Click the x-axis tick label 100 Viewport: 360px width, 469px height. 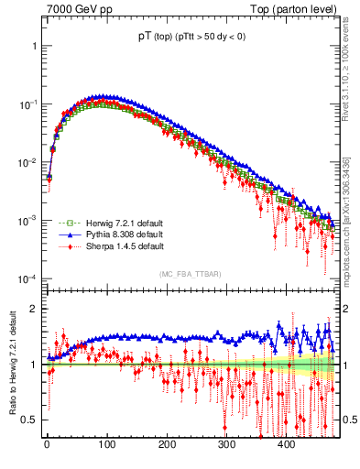[x=106, y=444]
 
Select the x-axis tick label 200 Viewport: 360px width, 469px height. [x=167, y=444]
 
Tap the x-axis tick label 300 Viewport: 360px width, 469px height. [x=226, y=444]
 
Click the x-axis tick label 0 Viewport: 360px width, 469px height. [x=47, y=444]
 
